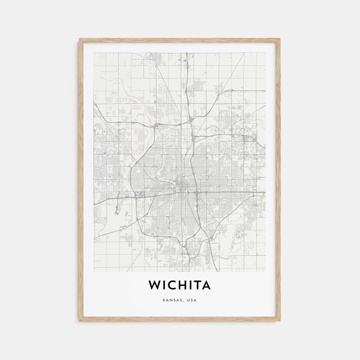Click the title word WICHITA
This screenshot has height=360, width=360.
pos(180,285)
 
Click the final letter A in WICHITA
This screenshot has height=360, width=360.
pos(206,285)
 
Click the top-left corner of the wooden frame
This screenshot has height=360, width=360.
pos(80,39)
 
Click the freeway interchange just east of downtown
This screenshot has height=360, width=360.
pos(197,193)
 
